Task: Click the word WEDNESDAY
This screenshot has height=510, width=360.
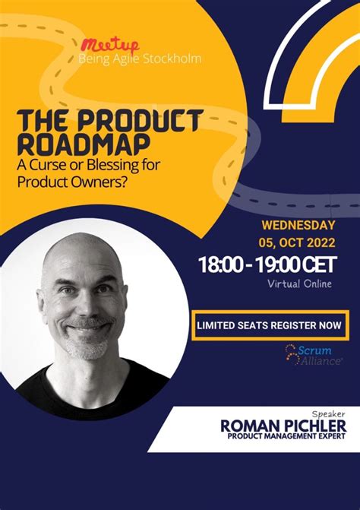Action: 298,225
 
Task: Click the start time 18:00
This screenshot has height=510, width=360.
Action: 222,265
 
